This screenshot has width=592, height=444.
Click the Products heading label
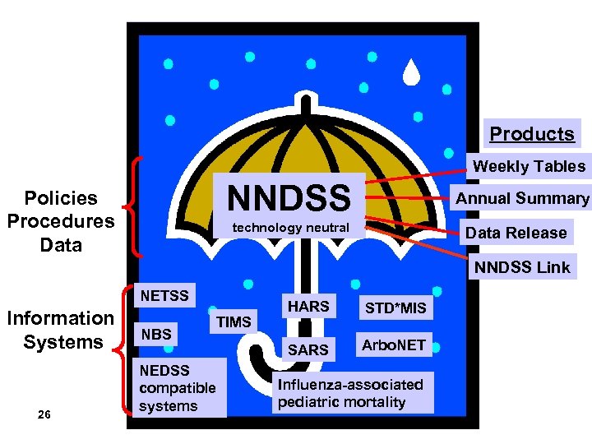pyautogui.click(x=532, y=133)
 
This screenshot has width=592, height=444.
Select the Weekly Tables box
pyautogui.click(x=529, y=166)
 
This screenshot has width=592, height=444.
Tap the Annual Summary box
pyautogui.click(x=522, y=198)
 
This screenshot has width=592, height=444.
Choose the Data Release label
pyautogui.click(x=516, y=233)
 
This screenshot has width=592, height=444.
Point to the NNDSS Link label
pyautogui.click(x=522, y=266)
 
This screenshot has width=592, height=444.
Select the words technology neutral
pyautogui.click(x=290, y=226)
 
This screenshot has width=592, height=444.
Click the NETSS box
pyautogui.click(x=164, y=295)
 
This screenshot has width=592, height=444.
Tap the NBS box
pyautogui.click(x=156, y=335)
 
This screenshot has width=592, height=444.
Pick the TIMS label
pyautogui.click(x=234, y=321)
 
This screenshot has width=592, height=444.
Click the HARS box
pyautogui.click(x=308, y=307)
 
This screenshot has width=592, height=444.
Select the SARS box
pyautogui.click(x=308, y=349)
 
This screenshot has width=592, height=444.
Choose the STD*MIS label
pyautogui.click(x=395, y=308)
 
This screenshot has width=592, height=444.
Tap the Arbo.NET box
pyautogui.click(x=395, y=345)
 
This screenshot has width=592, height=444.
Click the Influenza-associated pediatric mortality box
pyautogui.click(x=350, y=393)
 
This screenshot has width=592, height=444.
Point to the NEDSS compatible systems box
pyautogui.click(x=178, y=387)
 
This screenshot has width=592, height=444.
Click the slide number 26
pyautogui.click(x=44, y=414)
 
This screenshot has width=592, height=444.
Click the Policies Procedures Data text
pyautogui.click(x=60, y=221)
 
